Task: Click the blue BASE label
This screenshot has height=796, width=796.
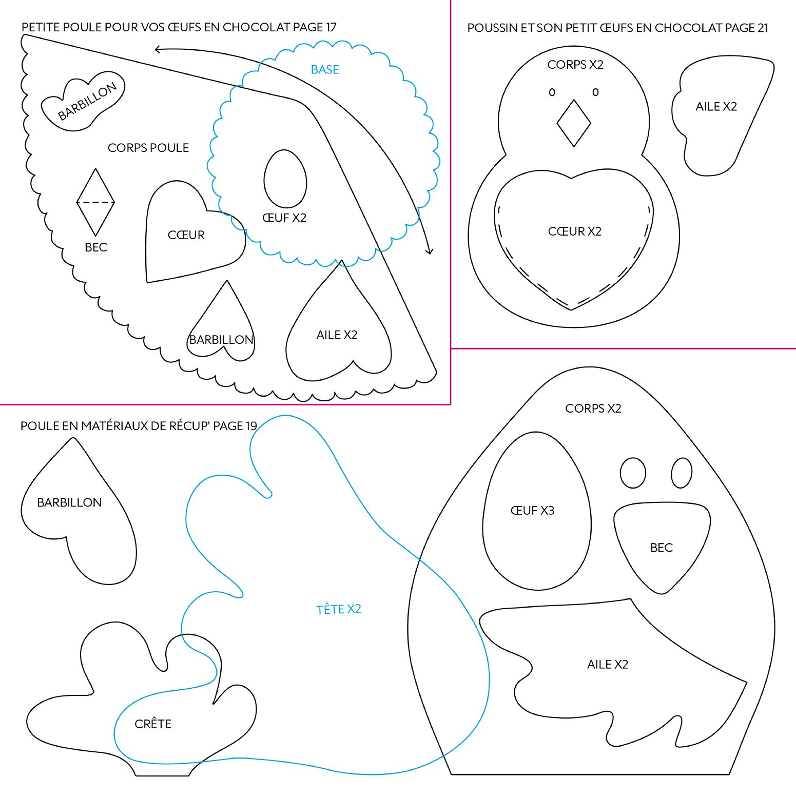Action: tap(325, 69)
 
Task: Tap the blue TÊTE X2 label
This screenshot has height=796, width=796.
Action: tap(339, 609)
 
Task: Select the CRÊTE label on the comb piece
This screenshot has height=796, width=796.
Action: tap(153, 724)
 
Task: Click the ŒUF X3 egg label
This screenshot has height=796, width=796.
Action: tap(532, 510)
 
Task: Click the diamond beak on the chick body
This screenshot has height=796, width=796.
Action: tap(574, 123)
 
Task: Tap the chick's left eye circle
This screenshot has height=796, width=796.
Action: tap(552, 92)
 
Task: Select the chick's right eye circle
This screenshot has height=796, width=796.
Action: tap(595, 92)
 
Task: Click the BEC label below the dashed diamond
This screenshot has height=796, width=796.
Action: tap(96, 247)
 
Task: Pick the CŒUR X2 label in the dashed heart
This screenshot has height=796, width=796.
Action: tap(574, 231)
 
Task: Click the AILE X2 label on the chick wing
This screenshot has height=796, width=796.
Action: tap(716, 106)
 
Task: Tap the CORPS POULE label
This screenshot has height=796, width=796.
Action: tap(148, 148)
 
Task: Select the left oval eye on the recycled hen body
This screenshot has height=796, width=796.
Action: tap(633, 473)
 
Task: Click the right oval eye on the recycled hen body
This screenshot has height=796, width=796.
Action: tap(682, 473)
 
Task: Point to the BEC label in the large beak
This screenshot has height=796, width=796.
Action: tap(661, 548)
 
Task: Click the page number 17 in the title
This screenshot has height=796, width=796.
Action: tap(331, 27)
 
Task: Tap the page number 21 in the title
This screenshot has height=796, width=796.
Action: tap(762, 28)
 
